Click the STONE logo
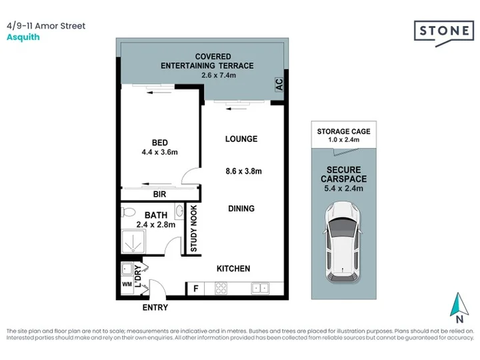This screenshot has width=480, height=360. [444, 32]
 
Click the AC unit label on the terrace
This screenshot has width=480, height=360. [279, 84]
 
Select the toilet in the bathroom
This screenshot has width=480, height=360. [129, 212]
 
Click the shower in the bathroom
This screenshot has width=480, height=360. [133, 241]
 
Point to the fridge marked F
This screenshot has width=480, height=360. [196, 289]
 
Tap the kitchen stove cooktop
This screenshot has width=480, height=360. [221, 289]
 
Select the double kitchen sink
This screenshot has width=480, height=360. [260, 288]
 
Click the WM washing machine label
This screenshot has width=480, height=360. [127, 285]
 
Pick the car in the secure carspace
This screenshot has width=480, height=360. [343, 242]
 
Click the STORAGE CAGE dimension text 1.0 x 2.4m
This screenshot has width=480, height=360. [344, 140]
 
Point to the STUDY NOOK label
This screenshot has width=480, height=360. [194, 229]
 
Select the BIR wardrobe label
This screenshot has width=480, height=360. [159, 195]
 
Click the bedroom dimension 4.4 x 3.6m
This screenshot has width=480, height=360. [159, 152]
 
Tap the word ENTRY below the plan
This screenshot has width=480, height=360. [155, 307]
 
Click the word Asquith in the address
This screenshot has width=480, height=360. [23, 37]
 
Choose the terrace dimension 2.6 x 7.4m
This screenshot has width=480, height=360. [219, 75]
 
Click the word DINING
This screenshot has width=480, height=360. [241, 209]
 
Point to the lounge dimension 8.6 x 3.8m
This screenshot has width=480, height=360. [244, 171]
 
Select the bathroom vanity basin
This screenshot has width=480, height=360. [179, 211]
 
